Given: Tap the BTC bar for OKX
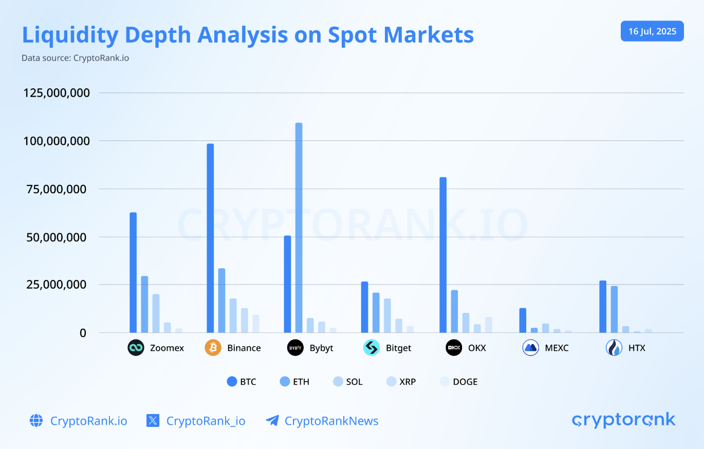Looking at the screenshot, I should pyautogui.click(x=443, y=255).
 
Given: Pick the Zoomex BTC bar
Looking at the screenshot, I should pyautogui.click(x=133, y=272).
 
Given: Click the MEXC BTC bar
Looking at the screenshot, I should pyautogui.click(x=523, y=320).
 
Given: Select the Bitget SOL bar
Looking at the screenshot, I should pyautogui.click(x=387, y=315).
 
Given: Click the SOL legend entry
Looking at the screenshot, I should pyautogui.click(x=347, y=382).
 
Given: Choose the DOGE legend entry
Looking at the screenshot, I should pyautogui.click(x=458, y=382).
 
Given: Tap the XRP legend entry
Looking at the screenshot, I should pyautogui.click(x=401, y=382).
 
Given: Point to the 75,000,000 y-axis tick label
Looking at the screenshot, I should pyautogui.click(x=56, y=189).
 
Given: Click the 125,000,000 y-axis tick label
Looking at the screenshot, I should pyautogui.click(x=56, y=93).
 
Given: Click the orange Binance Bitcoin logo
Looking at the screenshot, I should pyautogui.click(x=213, y=348).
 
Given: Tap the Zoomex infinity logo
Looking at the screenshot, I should pyautogui.click(x=136, y=348).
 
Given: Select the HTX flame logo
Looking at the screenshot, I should pyautogui.click(x=614, y=348).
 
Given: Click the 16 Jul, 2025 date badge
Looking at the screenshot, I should pyautogui.click(x=652, y=31).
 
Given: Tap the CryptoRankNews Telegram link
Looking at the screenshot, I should pyautogui.click(x=331, y=421).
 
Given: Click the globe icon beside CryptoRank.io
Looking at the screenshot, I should pyautogui.click(x=36, y=421).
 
